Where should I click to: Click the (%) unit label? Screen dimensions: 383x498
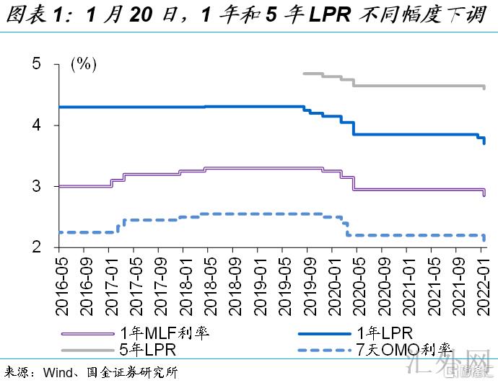click(x=83, y=63)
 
